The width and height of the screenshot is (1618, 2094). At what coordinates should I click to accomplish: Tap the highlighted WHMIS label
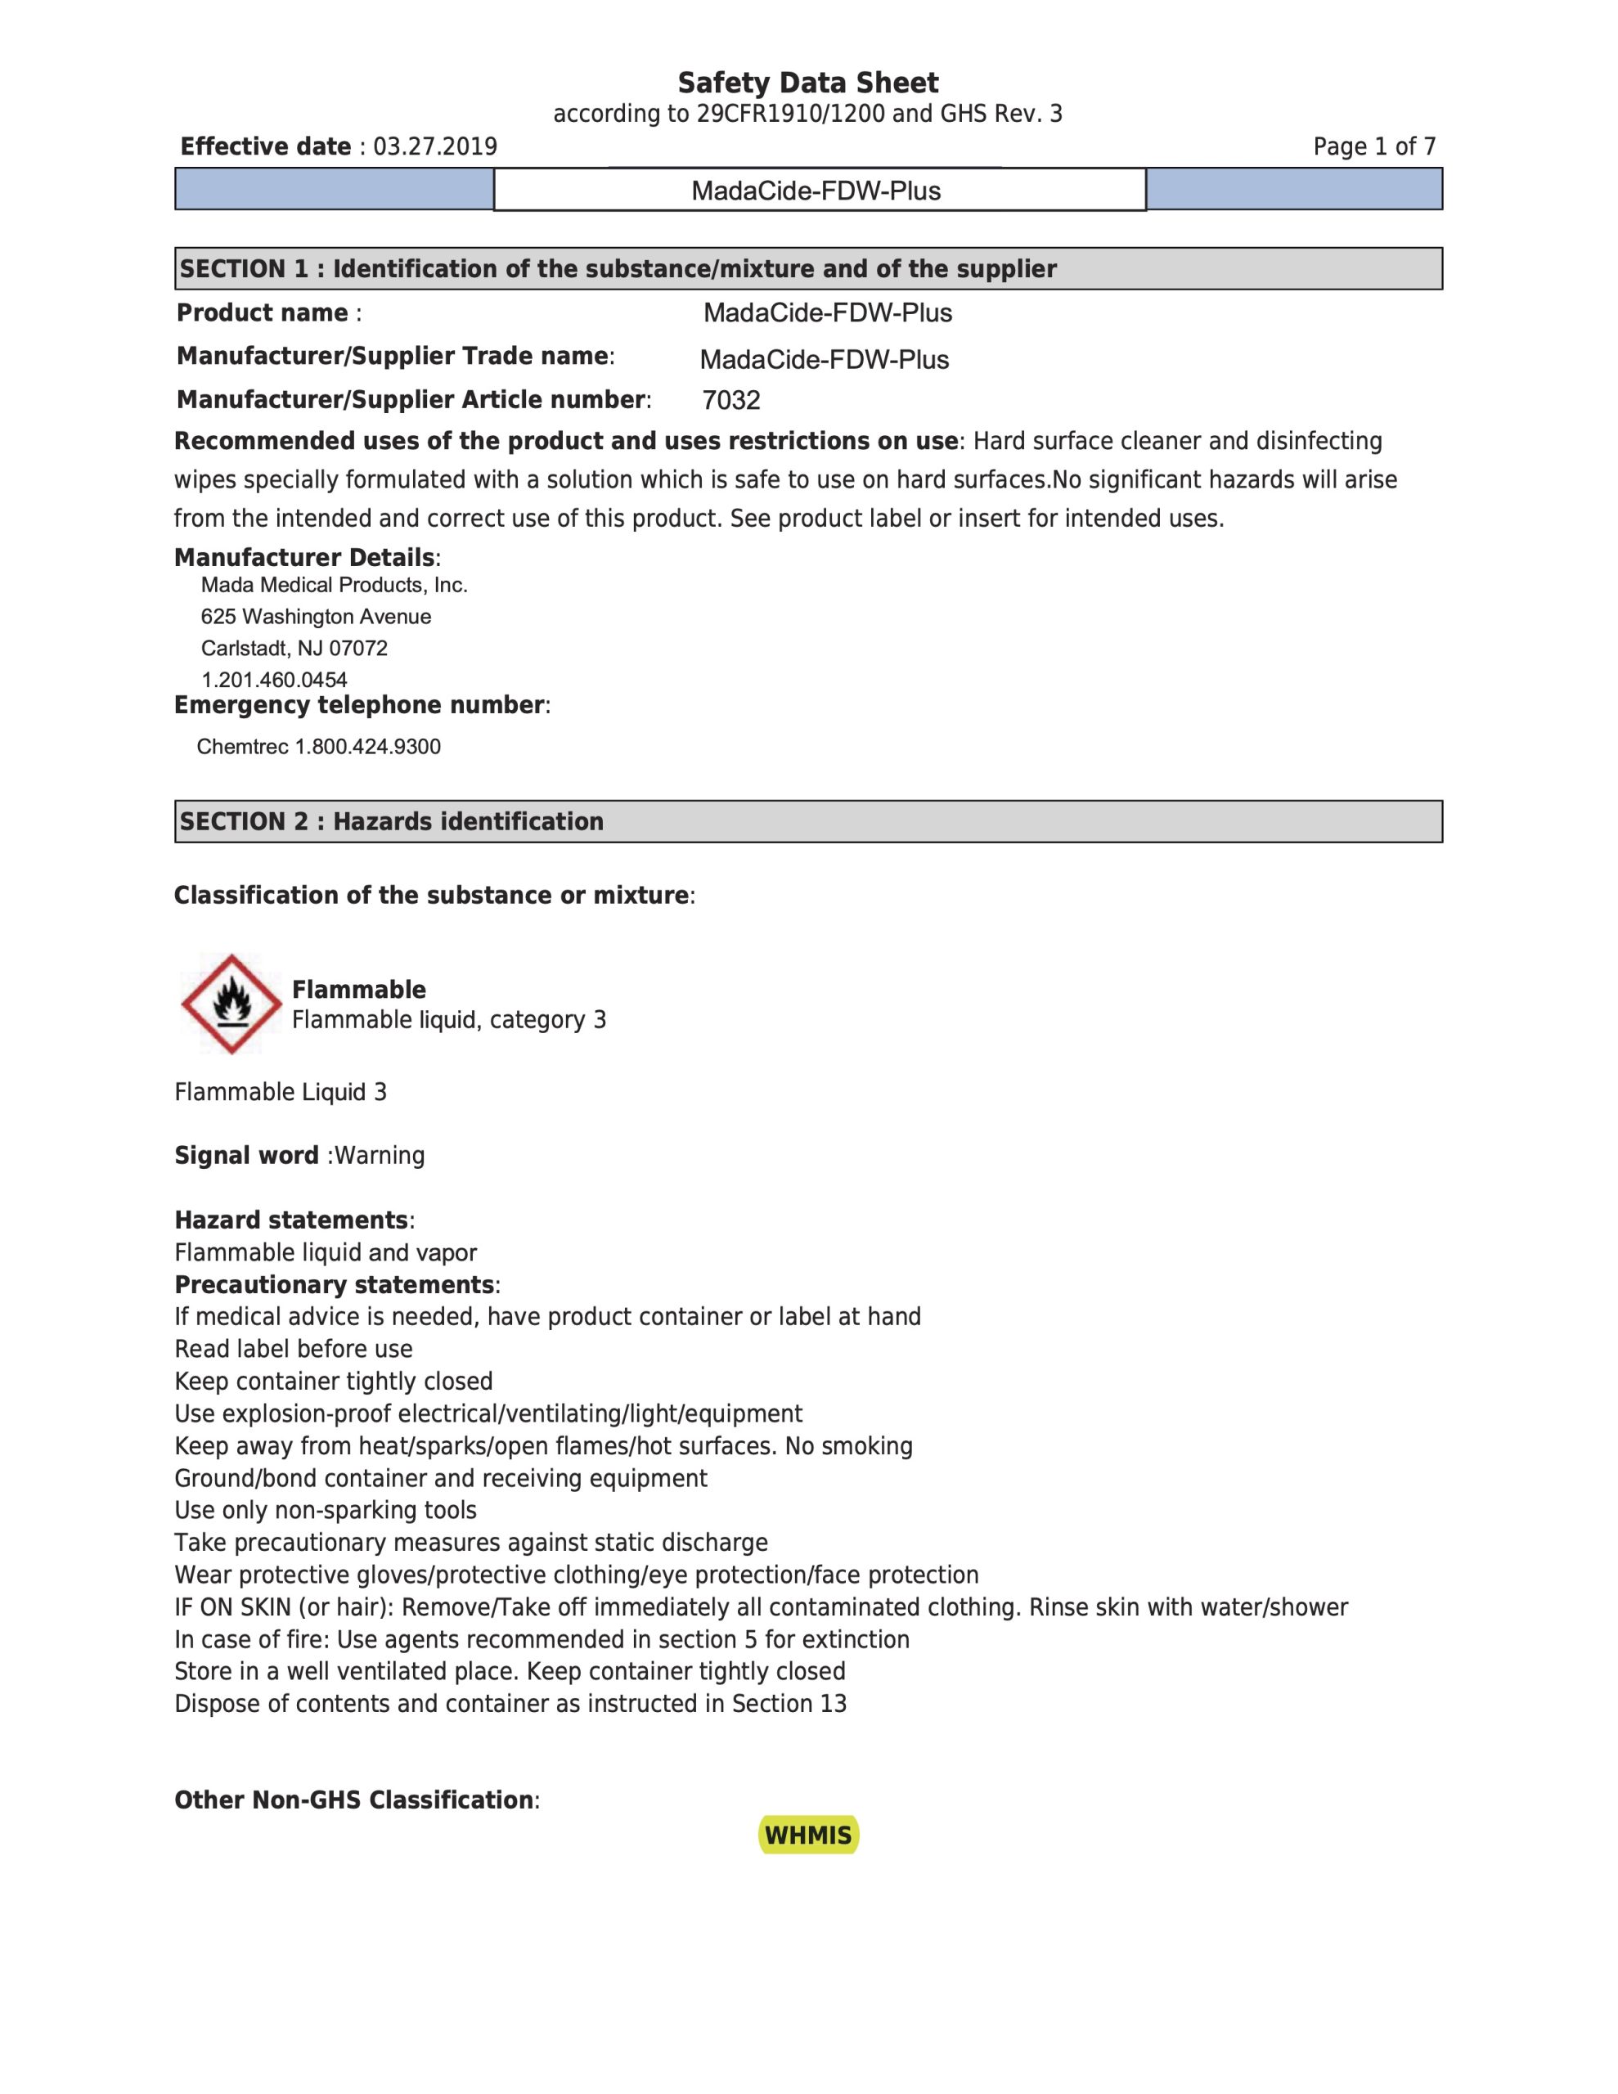pos(807,1836)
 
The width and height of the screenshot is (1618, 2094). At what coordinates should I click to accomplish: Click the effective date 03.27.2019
pos(434,146)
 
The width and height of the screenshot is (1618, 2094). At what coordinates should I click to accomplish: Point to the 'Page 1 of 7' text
pos(1373,146)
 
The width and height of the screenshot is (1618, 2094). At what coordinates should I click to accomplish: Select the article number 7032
pos(730,401)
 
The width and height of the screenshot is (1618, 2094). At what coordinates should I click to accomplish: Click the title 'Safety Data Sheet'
pos(807,83)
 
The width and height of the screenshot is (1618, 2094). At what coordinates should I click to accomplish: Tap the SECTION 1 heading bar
pos(807,268)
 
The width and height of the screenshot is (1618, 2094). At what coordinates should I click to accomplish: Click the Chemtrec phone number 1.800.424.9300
pos(367,747)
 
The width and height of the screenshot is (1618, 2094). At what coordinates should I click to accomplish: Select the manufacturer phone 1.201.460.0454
pos(273,680)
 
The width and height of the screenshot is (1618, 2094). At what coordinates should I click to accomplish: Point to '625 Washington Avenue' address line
pos(316,617)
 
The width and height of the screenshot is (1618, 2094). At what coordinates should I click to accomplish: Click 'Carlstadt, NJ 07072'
pos(294,648)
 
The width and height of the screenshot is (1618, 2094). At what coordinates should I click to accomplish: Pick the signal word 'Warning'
pos(379,1155)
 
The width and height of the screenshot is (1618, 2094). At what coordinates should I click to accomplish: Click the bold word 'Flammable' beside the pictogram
pos(359,990)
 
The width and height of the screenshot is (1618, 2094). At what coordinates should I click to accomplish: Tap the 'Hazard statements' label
pos(291,1220)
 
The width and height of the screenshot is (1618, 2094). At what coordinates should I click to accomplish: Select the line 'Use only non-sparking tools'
pos(325,1510)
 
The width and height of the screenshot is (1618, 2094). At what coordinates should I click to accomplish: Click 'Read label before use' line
pos(294,1349)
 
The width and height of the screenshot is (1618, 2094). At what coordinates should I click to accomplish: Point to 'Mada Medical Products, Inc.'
pos(334,585)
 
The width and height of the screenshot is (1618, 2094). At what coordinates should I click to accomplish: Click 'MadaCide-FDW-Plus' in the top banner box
pos(816,191)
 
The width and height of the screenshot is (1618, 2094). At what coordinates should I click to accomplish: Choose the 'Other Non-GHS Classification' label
pos(354,1800)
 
